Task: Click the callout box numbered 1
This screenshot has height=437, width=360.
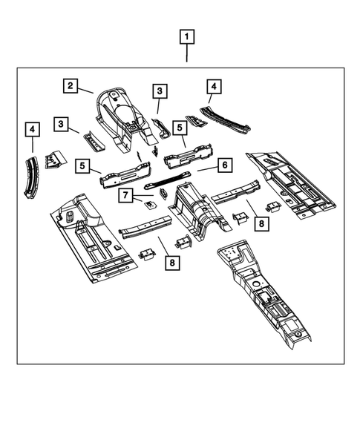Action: click(186, 36)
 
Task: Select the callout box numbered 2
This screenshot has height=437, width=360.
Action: click(70, 86)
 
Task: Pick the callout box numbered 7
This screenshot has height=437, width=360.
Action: click(127, 195)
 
